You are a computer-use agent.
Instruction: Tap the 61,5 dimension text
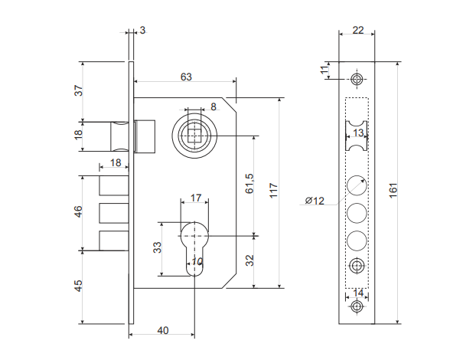tap(249, 183)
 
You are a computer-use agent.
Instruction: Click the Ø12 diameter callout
tap(315, 201)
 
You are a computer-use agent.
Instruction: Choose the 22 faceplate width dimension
tap(357, 30)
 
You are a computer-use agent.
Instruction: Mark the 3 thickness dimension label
tap(142, 30)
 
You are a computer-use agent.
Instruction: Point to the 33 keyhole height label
tap(157, 248)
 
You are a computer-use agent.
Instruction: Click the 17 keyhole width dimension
tap(195, 198)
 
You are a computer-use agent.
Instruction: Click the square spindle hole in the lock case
tap(196, 136)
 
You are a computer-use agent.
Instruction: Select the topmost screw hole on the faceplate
tap(357, 80)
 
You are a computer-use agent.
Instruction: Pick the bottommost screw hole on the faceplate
tap(357, 307)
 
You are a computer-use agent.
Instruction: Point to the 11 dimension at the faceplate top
tap(324, 70)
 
